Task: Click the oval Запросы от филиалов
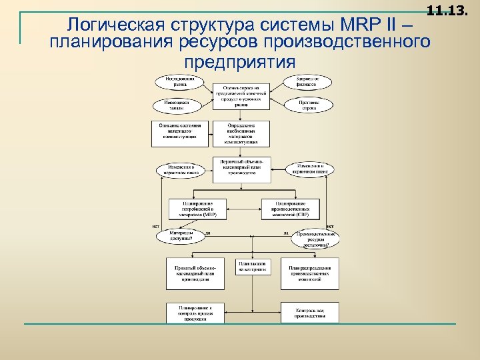click(x=308, y=81)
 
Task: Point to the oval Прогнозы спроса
click(x=308, y=105)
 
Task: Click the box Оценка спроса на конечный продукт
click(x=241, y=97)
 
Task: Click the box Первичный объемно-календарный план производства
click(x=241, y=170)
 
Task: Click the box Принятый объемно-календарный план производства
click(x=195, y=273)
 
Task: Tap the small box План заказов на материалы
click(x=253, y=267)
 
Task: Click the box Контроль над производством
click(x=309, y=313)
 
